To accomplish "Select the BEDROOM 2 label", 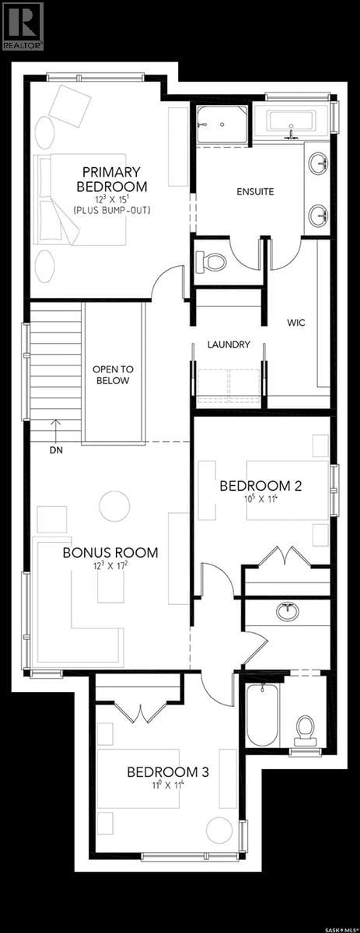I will pyautogui.click(x=261, y=486).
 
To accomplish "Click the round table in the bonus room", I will pyautogui.click(x=114, y=506).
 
